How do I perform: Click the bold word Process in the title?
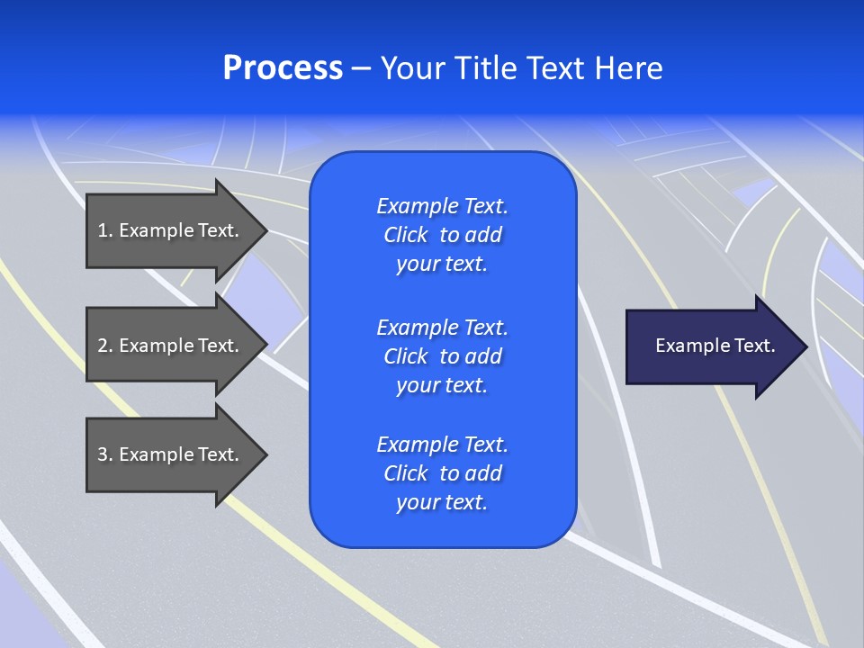point(283,68)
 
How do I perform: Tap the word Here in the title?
point(629,68)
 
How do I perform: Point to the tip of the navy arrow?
point(805,346)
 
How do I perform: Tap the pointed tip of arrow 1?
point(265,230)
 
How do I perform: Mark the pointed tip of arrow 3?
point(265,454)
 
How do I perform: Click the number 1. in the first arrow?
point(104,230)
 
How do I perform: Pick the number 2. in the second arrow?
point(104,346)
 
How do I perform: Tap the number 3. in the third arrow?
point(104,454)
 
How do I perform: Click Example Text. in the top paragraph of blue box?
point(442,206)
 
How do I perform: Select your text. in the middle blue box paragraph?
point(442,385)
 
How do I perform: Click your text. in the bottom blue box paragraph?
point(442,502)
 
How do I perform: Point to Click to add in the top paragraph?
point(442,235)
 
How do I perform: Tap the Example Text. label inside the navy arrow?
point(715,346)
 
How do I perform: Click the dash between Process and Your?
point(362,68)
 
